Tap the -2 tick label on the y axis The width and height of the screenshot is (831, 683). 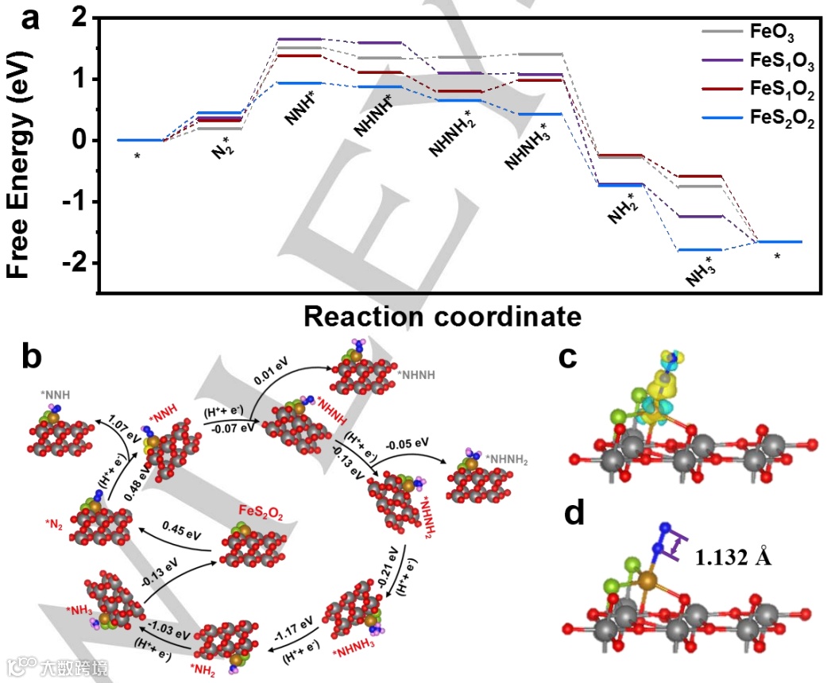click(x=74, y=263)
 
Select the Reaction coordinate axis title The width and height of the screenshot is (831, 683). click(x=443, y=317)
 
